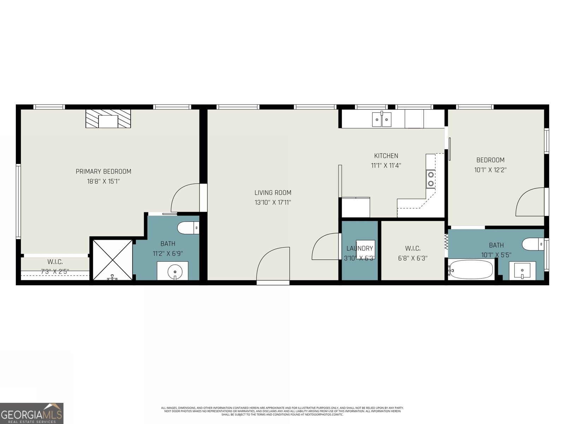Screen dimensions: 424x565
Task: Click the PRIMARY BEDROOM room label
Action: tap(103, 172)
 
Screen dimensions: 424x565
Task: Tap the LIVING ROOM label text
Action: tap(273, 193)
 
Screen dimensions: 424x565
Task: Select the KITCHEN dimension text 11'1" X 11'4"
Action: tap(386, 165)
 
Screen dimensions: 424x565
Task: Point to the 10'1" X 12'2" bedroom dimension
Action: tap(490, 170)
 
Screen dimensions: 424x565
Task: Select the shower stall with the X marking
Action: tap(112, 260)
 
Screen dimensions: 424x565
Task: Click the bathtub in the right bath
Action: tap(471, 270)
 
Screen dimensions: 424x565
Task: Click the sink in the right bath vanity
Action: tap(522, 271)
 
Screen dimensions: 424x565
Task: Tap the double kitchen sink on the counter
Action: tap(382, 119)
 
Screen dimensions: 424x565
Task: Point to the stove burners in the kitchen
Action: tap(431, 179)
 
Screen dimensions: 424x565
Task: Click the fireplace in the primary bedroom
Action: tap(108, 119)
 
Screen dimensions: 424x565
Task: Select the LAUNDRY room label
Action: tap(359, 248)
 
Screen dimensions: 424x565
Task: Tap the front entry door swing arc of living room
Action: tap(273, 263)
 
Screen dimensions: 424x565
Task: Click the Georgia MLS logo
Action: tap(32, 413)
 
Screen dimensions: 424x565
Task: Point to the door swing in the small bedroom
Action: tap(530, 202)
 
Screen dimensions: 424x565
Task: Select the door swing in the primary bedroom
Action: tap(185, 198)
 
